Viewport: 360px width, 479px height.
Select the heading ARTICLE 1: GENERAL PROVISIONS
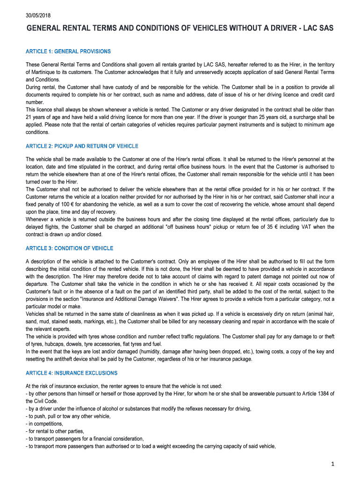coord(68,51)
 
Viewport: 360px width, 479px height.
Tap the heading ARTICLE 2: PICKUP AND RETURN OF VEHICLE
coord(82,146)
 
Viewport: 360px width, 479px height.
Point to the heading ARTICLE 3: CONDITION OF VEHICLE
coord(69,248)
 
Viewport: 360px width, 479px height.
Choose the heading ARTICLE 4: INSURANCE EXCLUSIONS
coord(72,373)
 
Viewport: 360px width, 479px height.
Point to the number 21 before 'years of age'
coord(29,117)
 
